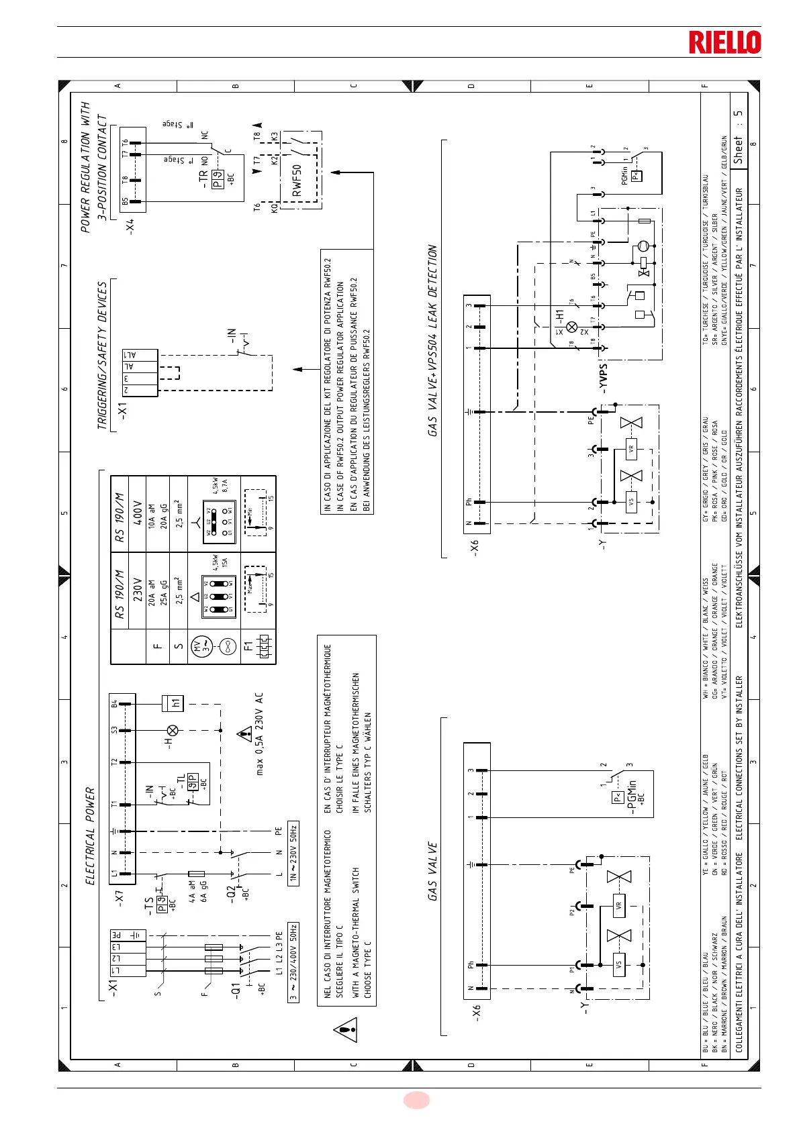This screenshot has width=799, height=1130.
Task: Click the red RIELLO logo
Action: pyautogui.click(x=724, y=42)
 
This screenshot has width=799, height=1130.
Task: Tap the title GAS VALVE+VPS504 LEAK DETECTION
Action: pyautogui.click(x=432, y=341)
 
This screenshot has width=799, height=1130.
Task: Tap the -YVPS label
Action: pyautogui.click(x=604, y=378)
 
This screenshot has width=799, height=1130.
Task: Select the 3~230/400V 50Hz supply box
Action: pyautogui.click(x=293, y=962)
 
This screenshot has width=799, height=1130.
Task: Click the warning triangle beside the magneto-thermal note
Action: pyautogui.click(x=345, y=1030)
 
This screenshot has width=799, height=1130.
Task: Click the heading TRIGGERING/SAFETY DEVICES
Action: pyautogui.click(x=102, y=356)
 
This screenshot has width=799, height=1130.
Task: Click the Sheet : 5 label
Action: pyautogui.click(x=739, y=138)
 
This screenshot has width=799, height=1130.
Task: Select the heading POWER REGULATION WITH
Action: pyautogui.click(x=85, y=168)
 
